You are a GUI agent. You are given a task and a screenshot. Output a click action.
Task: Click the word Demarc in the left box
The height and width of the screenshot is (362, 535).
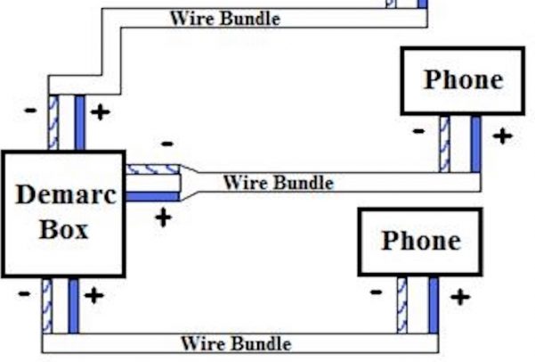pos(65,194)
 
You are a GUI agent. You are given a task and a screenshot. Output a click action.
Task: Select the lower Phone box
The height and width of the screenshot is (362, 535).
pos(420,242)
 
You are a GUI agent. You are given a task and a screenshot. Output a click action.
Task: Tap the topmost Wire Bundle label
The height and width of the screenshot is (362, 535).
pos(224,18)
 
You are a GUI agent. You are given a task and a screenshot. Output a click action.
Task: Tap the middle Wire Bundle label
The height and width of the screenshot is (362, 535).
pos(278,183)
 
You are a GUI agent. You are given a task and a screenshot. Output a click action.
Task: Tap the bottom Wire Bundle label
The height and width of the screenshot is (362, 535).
pos(236,342)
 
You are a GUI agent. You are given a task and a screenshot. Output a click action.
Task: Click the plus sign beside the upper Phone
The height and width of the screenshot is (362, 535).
pos(503,136)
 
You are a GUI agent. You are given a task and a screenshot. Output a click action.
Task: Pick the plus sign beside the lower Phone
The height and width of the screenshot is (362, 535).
pos(459,296)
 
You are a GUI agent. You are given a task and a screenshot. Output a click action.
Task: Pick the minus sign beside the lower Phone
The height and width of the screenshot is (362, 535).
pos(377,292)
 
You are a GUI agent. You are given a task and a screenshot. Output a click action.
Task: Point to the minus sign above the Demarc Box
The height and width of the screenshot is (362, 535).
pos(32,111)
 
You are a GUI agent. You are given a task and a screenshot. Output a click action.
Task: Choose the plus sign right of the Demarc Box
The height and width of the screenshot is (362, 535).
pos(163,217)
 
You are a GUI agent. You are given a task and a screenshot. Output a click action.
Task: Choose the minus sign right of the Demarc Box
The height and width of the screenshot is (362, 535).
pos(166,144)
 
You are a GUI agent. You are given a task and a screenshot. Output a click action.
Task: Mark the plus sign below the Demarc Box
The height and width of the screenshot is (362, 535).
pos(93,295)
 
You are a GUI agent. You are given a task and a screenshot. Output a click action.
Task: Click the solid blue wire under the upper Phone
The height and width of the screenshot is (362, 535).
pos(475,143)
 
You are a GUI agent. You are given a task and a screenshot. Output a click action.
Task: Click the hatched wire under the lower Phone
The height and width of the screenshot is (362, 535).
pos(402,304)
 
